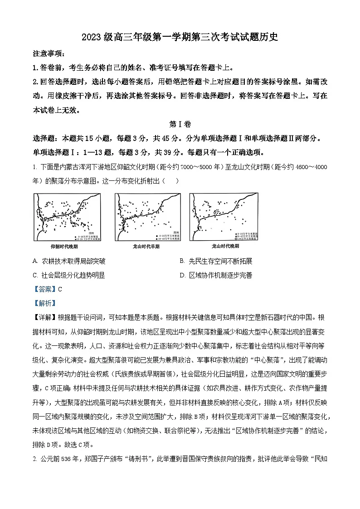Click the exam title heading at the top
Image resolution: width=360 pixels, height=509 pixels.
pyautogui.click(x=180, y=38)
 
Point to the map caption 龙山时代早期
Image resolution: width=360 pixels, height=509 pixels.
pyautogui.click(x=143, y=247)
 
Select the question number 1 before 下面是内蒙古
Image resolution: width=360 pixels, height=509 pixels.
pyautogui.click(x=34, y=167)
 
